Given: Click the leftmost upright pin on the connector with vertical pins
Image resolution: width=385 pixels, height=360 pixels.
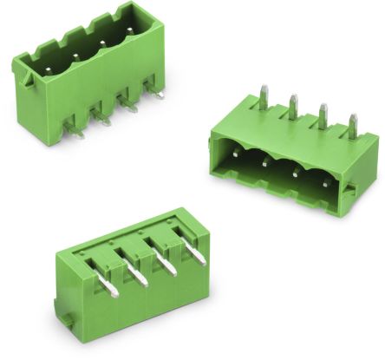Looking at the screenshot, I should click(262, 96).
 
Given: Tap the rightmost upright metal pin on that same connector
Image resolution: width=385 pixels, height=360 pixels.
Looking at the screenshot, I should click(352, 126).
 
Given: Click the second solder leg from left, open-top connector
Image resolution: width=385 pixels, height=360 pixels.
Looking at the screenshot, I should click(103, 121).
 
